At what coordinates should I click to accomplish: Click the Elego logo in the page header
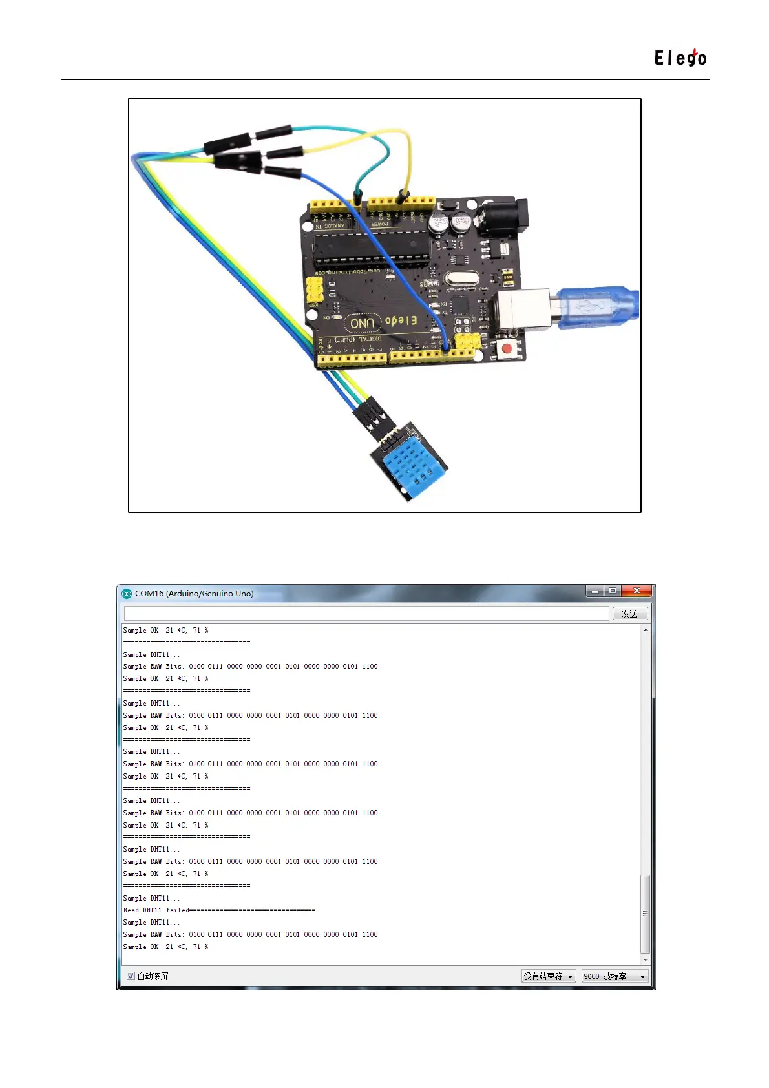(x=680, y=58)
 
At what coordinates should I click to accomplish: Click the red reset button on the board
(x=507, y=349)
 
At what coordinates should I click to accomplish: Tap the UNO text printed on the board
(x=362, y=322)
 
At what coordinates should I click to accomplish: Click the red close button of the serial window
(x=637, y=591)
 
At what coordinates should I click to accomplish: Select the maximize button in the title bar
(x=613, y=591)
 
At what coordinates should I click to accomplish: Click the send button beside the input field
(x=629, y=614)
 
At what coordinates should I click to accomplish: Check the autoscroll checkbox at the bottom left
(x=131, y=976)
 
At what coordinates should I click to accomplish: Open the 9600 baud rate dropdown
(x=614, y=976)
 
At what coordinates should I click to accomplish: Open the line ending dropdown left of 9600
(x=548, y=976)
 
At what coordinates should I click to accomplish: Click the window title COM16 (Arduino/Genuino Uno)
(x=194, y=594)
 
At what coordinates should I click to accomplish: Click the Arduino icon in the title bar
(x=127, y=594)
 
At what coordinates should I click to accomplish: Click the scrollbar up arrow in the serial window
(x=645, y=630)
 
